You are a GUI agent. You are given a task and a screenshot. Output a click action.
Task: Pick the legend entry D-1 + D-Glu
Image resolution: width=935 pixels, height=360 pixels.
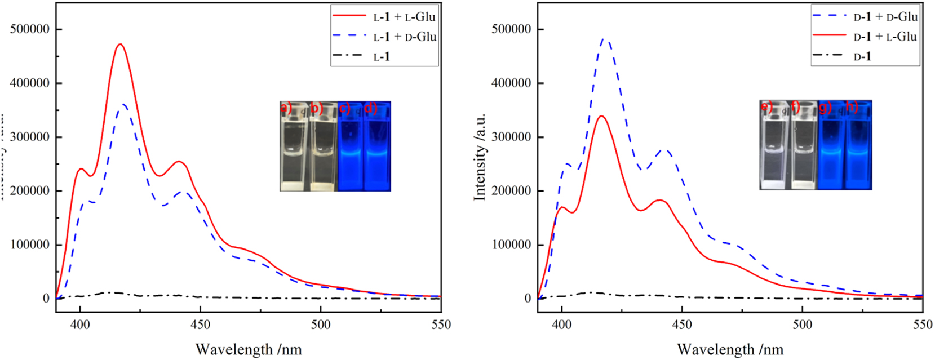[x=885, y=17]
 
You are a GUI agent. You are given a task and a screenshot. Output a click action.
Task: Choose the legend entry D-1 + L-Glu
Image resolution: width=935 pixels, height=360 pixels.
[x=885, y=37]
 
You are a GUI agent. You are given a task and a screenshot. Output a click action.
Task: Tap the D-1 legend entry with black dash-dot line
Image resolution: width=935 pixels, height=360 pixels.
[x=862, y=56]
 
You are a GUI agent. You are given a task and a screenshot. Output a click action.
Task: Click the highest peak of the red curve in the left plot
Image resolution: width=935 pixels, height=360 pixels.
[x=119, y=44]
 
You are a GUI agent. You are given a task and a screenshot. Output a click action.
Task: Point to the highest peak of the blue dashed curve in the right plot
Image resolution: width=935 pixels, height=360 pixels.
[x=605, y=39]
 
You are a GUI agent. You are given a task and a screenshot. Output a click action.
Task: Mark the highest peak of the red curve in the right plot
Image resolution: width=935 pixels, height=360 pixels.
[x=602, y=116]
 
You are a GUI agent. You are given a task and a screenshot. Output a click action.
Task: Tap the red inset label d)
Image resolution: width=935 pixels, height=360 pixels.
[x=371, y=108]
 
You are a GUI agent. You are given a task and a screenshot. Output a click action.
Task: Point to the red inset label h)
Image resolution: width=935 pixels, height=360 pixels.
[x=852, y=106]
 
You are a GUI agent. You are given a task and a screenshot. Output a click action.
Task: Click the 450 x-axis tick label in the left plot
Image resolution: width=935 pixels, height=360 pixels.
[x=200, y=325]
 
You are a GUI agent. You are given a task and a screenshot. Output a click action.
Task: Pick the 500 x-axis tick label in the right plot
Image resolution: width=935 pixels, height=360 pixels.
[x=802, y=325]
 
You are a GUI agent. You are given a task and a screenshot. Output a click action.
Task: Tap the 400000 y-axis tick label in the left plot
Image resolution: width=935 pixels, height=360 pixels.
[x=29, y=83]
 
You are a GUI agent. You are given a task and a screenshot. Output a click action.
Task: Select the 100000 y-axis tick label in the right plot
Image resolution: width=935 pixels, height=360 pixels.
[x=511, y=245]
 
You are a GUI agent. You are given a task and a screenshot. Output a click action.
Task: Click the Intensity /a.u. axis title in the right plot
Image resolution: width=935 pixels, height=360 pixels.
[x=480, y=156]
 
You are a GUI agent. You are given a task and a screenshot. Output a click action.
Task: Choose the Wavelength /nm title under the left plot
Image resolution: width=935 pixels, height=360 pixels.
[x=249, y=349]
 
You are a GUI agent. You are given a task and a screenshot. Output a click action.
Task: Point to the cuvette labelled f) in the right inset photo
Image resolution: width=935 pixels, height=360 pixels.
[x=803, y=149]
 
